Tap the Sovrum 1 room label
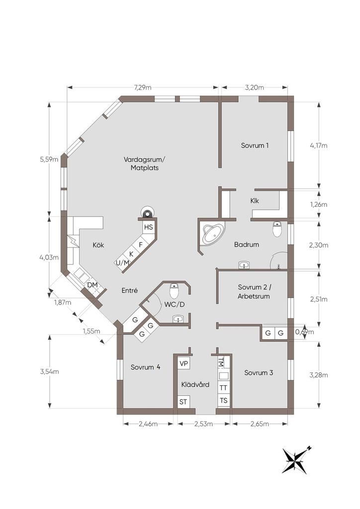click(255, 146)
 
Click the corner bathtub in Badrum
click(212, 234)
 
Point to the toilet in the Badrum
click(278, 230)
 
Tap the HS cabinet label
click(148, 227)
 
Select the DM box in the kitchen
click(92, 285)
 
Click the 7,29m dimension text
click(143, 87)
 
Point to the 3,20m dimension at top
click(255, 87)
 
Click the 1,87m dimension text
click(62, 302)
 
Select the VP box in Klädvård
click(183, 364)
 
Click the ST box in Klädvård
click(183, 401)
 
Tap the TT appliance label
click(224, 388)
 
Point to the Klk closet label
click(255, 201)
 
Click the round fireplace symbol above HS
click(147, 212)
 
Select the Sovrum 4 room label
click(145, 367)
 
